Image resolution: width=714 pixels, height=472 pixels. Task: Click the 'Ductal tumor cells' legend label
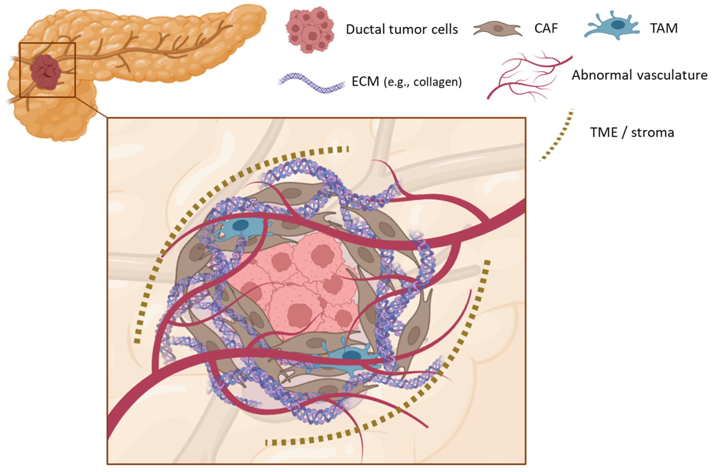[x=402, y=29]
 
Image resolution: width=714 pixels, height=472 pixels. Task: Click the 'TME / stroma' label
[x=632, y=132]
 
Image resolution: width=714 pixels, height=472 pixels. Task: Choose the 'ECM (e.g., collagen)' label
[x=407, y=82]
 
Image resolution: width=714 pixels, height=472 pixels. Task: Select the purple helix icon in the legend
[x=312, y=83]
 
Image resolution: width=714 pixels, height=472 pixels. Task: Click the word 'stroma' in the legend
[x=652, y=132]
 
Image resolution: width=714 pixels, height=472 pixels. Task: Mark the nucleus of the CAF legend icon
[x=498, y=29]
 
